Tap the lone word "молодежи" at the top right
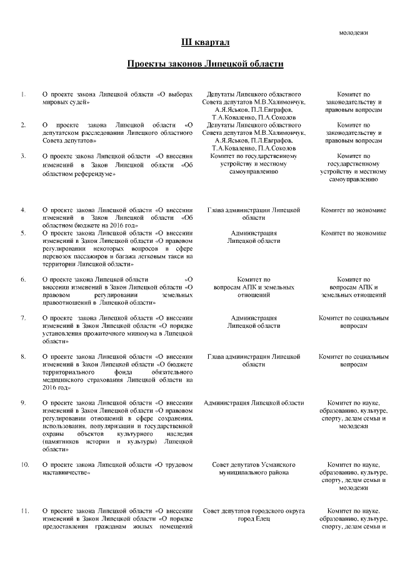[353, 32]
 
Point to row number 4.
[23, 210]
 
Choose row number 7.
[23, 318]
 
